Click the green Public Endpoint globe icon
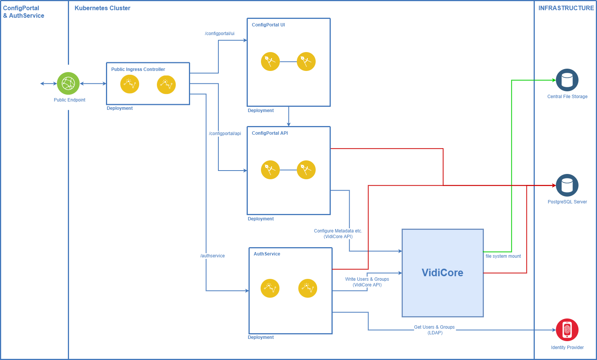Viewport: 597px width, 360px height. point(68,83)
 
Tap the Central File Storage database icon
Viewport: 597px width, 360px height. point(567,80)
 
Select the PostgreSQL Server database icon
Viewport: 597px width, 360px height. point(567,185)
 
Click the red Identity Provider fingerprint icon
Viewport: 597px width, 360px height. point(567,330)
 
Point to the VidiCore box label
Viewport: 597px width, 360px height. point(442,273)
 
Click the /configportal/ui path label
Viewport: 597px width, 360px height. point(219,34)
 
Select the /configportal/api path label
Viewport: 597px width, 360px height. point(225,134)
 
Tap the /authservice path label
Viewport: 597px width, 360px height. point(212,256)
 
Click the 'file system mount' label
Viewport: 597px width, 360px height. point(503,256)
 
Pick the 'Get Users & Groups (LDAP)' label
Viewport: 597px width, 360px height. point(435,330)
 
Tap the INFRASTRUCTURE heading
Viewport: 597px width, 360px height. point(566,8)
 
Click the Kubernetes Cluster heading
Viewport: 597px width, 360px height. point(102,8)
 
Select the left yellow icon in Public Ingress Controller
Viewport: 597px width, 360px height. point(130,84)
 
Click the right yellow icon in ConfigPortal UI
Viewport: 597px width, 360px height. point(306,62)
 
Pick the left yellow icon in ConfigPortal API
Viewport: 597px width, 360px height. point(270,170)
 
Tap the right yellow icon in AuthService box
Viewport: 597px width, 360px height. point(308,288)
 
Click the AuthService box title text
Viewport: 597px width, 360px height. point(267,254)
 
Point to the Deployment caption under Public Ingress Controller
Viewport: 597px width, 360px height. point(120,108)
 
